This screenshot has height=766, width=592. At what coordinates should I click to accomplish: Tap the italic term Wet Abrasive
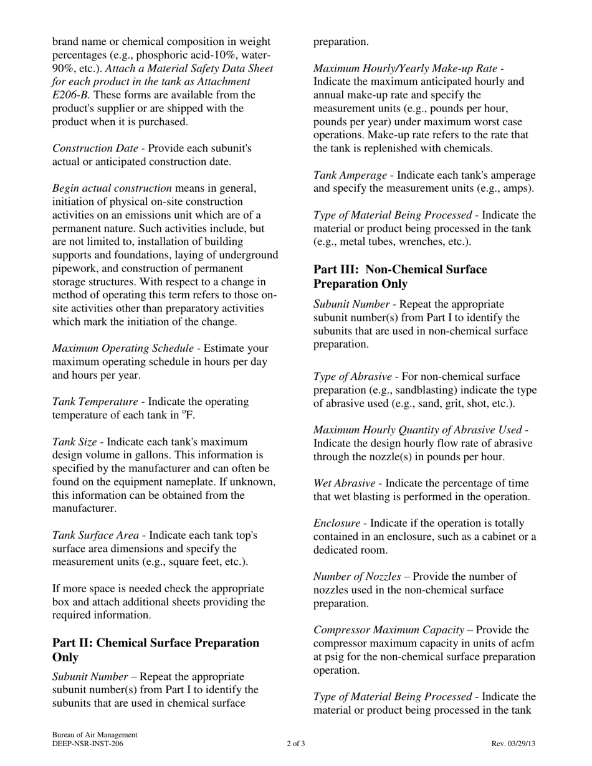pyautogui.click(x=344, y=483)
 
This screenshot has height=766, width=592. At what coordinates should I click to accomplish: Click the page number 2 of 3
pyautogui.click(x=296, y=744)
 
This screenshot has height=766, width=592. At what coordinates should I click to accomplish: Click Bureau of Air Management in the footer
pyautogui.click(x=95, y=735)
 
